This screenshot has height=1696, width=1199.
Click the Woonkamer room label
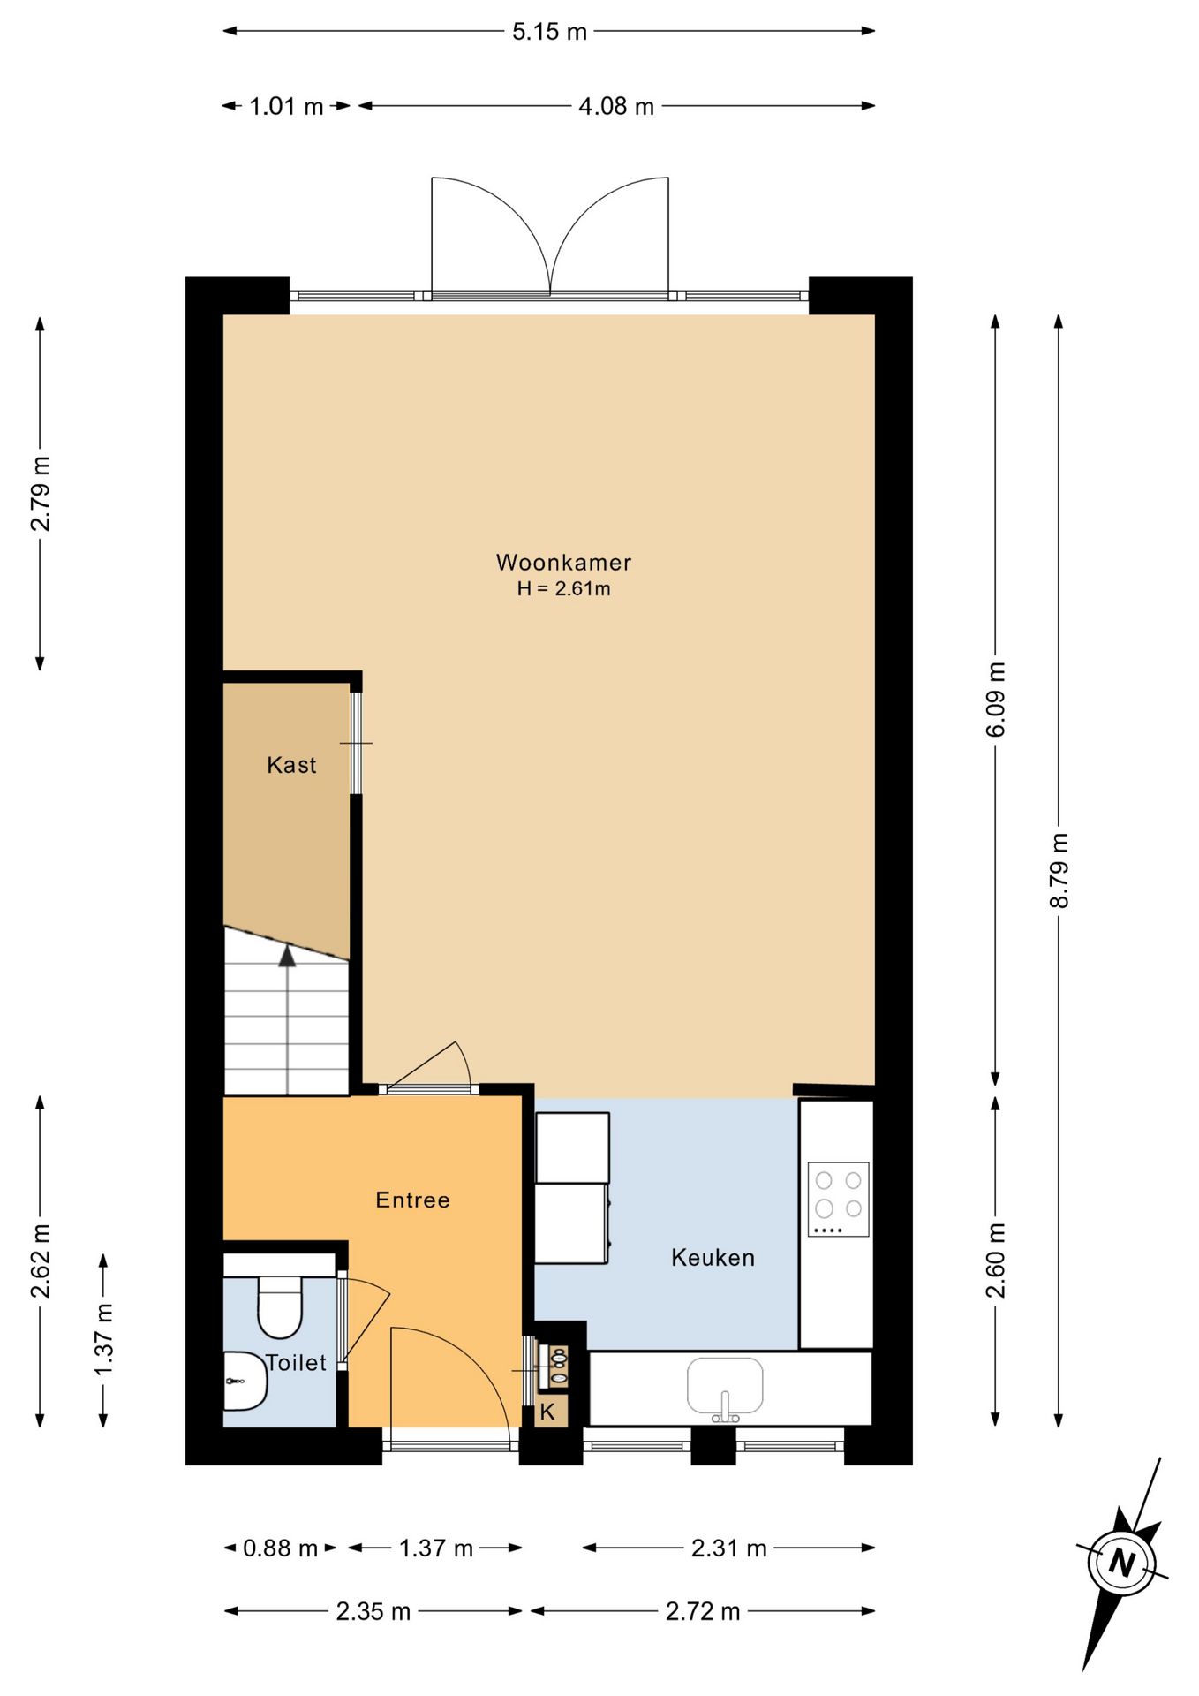tap(563, 563)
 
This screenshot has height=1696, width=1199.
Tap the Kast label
tap(291, 765)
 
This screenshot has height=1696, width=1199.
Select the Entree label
tap(413, 1200)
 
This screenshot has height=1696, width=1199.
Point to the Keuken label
tap(713, 1257)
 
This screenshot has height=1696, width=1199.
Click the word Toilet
tap(297, 1363)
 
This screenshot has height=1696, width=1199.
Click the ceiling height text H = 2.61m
tap(563, 589)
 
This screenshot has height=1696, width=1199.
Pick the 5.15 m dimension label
tap(549, 32)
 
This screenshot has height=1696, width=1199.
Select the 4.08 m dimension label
tap(616, 107)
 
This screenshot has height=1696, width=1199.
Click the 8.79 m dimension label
tap(1059, 870)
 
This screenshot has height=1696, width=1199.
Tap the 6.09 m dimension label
tap(995, 699)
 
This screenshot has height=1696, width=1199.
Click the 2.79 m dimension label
tap(40, 494)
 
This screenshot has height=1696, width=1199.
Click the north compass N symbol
tap(1121, 1563)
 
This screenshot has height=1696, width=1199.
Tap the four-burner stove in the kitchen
tap(839, 1199)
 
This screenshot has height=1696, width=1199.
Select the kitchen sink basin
tap(725, 1386)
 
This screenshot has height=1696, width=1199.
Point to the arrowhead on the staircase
tap(287, 956)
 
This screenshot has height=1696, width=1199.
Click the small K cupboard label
tap(547, 1412)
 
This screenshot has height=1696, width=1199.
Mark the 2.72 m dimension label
tap(703, 1612)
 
